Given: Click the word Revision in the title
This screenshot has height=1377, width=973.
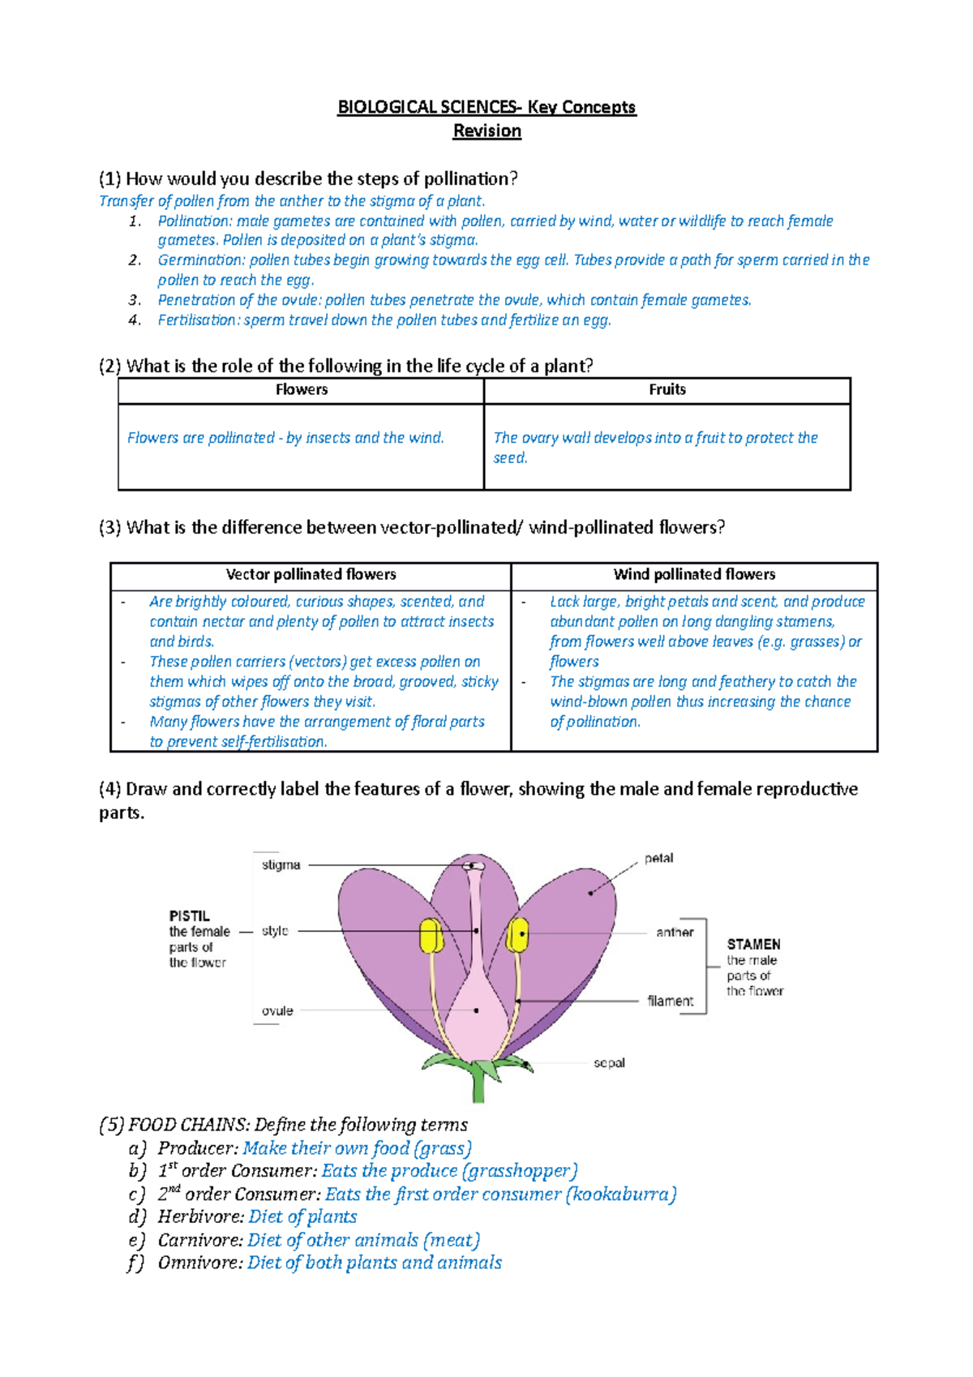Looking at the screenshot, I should pyautogui.click(x=486, y=131).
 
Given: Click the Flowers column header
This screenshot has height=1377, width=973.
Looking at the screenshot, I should pyautogui.click(x=301, y=390).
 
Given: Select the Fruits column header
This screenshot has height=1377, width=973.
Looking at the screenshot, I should pyautogui.click(x=667, y=390).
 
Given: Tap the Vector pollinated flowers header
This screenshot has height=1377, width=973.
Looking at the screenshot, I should pyautogui.click(x=311, y=575).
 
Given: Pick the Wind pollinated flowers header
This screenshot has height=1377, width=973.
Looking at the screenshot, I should pyautogui.click(x=694, y=575).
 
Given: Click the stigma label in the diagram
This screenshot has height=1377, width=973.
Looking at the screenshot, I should pyautogui.click(x=281, y=865).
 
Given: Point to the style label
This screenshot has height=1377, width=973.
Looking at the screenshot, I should pyautogui.click(x=275, y=931).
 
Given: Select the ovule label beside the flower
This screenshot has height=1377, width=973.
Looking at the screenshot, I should pyautogui.click(x=277, y=1011).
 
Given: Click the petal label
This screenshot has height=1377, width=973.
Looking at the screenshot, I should pyautogui.click(x=658, y=858).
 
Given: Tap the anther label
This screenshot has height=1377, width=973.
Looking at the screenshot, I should pyautogui.click(x=675, y=933).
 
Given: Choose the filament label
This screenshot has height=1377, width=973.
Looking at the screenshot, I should pyautogui.click(x=670, y=1002).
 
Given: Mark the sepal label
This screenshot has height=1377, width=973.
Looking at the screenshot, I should pyautogui.click(x=609, y=1063).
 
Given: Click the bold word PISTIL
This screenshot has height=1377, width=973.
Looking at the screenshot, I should pyautogui.click(x=189, y=916).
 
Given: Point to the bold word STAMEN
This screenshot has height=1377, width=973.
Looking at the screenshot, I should pyautogui.click(x=753, y=945).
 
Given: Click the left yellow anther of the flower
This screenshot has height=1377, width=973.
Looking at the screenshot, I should pyautogui.click(x=431, y=936).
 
